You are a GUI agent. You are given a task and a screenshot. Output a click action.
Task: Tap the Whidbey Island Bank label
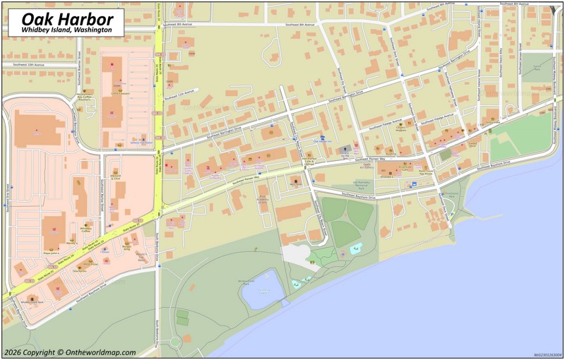(32, 301)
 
